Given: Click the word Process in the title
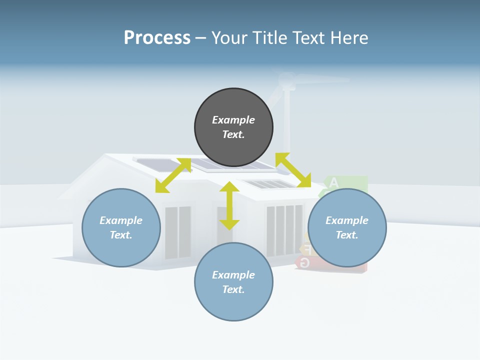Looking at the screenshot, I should click(x=157, y=38).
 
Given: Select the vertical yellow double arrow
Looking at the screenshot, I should click(x=229, y=205).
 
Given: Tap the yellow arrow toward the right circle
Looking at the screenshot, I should click(x=293, y=170).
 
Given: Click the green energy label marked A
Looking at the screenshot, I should click(x=345, y=183).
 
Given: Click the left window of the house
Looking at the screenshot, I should click(x=177, y=232).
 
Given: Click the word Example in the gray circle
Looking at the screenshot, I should click(x=233, y=120).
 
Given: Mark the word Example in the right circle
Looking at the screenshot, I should click(x=347, y=220).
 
